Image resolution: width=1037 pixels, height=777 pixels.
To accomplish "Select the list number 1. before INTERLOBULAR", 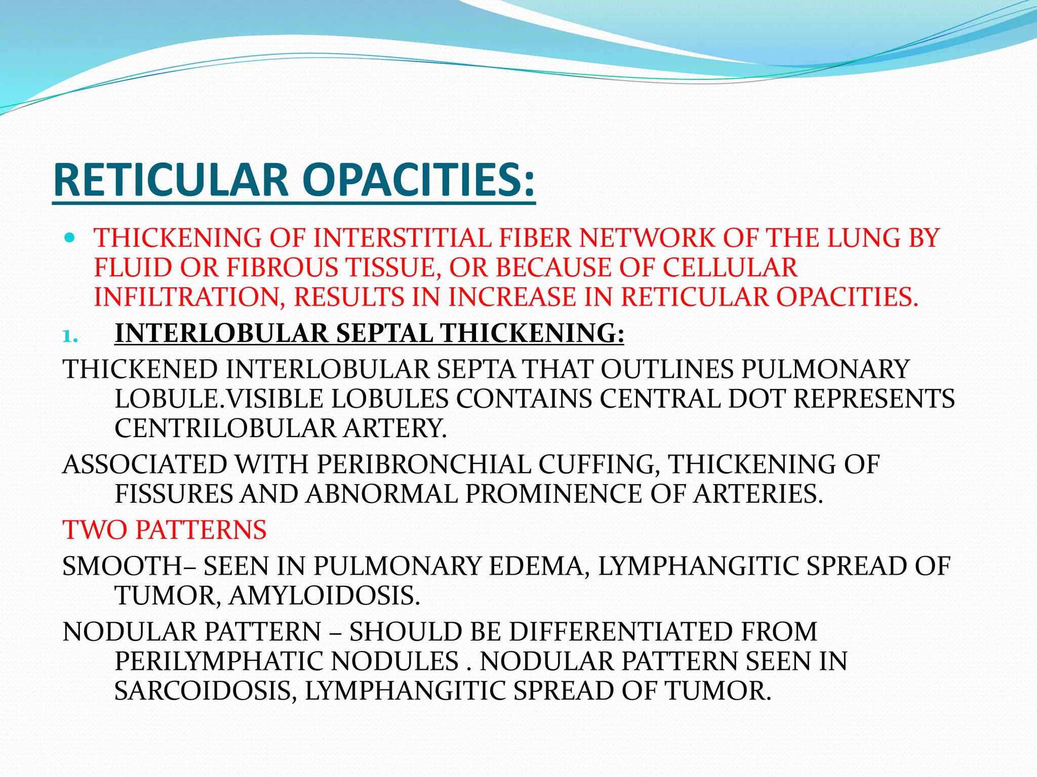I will pyautogui.click(x=70, y=336).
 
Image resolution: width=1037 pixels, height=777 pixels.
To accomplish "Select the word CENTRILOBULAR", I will pyautogui.click(x=225, y=428).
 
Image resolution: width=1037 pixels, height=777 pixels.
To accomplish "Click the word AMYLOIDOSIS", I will pyautogui.click(x=324, y=596).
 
